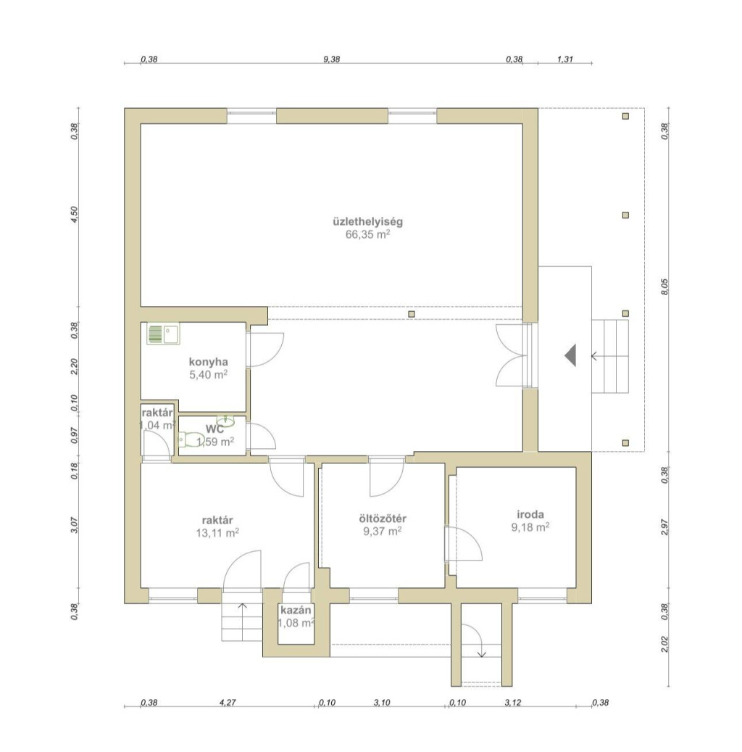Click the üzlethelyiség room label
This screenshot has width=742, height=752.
click(367, 222)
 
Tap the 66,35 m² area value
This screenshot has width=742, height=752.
click(367, 234)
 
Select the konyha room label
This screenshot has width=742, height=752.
click(208, 362)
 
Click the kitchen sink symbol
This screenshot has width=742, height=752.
click(164, 334)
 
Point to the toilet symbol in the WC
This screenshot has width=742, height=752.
click(191, 439)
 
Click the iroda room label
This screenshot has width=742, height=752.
click(530, 515)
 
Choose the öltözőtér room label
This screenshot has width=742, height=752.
click(383, 518)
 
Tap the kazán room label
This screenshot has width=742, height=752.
click(296, 611)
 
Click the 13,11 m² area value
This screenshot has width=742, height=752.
click(217, 533)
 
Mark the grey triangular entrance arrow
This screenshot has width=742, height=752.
click(570, 355)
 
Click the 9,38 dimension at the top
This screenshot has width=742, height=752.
click(332, 59)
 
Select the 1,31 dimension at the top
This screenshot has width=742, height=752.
click(565, 59)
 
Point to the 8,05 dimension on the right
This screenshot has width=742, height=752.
click(664, 286)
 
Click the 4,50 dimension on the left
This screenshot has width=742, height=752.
click(74, 215)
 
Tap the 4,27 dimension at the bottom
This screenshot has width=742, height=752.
click(228, 703)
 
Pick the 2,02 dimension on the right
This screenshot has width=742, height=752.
click(664, 644)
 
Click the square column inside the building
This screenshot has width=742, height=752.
click(412, 314)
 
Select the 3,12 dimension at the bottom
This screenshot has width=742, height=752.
click(513, 703)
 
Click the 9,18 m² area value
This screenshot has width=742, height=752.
click(530, 527)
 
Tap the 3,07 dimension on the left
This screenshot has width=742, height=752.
click(74, 525)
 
